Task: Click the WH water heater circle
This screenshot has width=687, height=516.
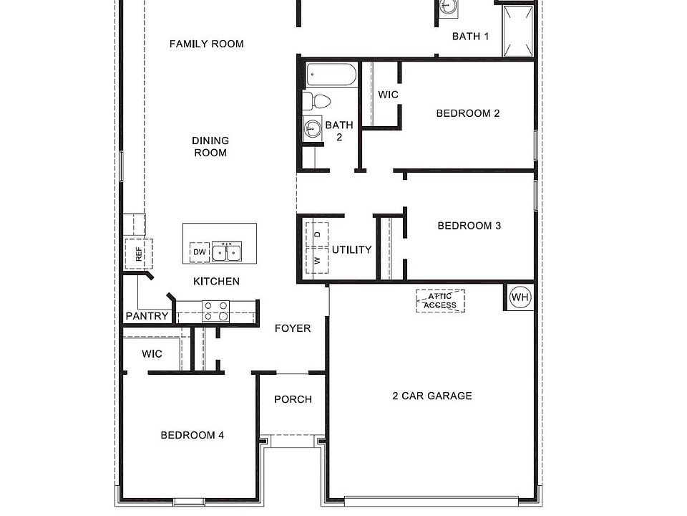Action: [x=520, y=297]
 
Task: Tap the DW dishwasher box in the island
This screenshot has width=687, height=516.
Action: [x=199, y=252]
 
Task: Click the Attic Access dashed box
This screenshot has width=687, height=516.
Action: [x=440, y=301]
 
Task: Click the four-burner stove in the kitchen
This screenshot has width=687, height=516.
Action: [x=215, y=310]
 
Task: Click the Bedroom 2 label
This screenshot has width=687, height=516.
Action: [x=468, y=113]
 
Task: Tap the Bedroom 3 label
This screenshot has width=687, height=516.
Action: [x=469, y=226]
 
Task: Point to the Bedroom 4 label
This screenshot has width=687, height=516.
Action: [x=193, y=435]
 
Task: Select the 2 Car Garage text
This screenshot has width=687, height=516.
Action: [x=432, y=396]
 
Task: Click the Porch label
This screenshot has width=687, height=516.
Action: [x=293, y=399]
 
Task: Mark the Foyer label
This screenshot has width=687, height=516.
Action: [x=293, y=328]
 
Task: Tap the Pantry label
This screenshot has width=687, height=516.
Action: [x=147, y=316]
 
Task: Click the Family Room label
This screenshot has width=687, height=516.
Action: [x=206, y=44]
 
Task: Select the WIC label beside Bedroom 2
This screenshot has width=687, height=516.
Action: [x=388, y=95]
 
